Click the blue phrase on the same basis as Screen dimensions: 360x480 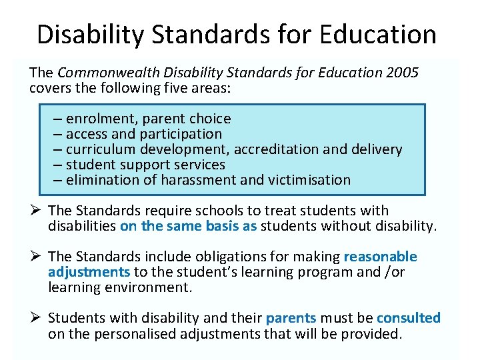click(188, 226)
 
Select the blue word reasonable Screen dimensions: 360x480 click(380, 257)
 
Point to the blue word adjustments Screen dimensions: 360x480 click(89, 272)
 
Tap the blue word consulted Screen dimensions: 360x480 click(408, 318)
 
